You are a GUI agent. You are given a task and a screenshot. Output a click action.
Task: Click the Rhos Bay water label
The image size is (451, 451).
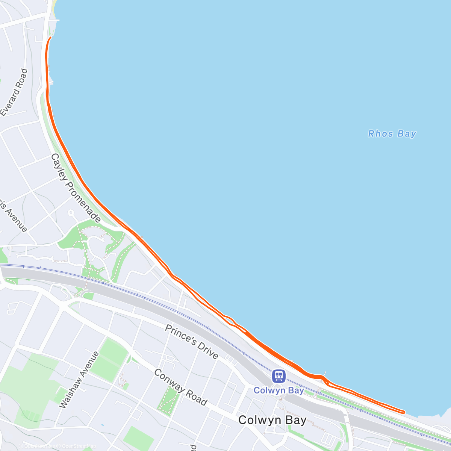[392, 134]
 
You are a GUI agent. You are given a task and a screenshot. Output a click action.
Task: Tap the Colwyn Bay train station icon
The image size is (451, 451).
[279, 375]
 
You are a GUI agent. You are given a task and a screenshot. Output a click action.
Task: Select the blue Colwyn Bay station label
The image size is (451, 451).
[279, 390]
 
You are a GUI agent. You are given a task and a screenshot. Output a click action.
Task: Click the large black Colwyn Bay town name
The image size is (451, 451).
[272, 420]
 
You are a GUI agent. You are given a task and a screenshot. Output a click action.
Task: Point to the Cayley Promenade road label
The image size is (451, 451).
[76, 188]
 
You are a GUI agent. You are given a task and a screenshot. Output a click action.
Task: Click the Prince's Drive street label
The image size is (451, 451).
[191, 341]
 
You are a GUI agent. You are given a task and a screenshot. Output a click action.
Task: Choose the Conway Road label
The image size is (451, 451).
[180, 387]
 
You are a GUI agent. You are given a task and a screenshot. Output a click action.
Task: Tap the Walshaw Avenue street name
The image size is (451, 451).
[79, 380]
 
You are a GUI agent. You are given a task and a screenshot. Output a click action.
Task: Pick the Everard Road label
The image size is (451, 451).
[14, 92]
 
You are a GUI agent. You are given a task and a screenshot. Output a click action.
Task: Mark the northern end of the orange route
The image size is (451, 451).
[50, 37]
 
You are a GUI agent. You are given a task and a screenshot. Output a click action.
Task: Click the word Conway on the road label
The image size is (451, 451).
[168, 380]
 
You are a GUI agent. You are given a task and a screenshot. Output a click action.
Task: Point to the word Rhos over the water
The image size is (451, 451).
[381, 134]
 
